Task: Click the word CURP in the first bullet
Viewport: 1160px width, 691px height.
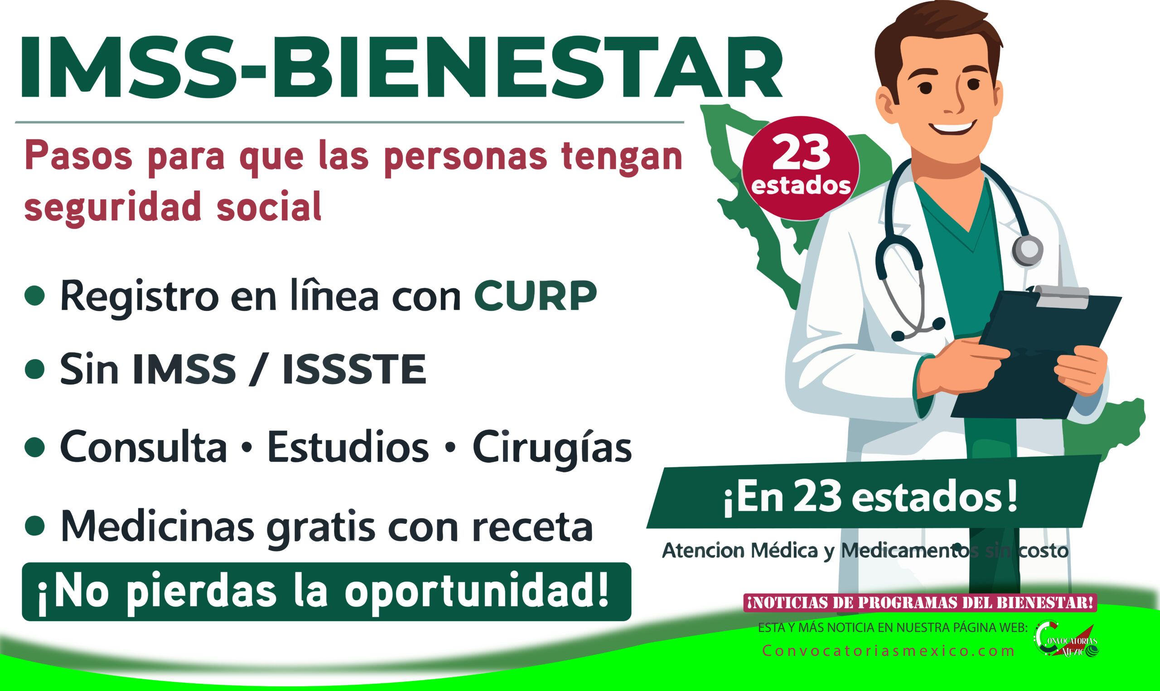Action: pyautogui.click(x=535, y=296)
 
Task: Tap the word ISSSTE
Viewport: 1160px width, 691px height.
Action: pyautogui.click(x=354, y=369)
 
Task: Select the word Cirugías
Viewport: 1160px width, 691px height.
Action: pyautogui.click(x=552, y=448)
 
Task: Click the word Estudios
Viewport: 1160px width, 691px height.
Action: pyautogui.click(x=348, y=447)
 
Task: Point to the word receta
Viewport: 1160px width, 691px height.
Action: pyautogui.click(x=532, y=528)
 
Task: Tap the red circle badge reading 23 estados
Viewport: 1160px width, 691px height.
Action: pyautogui.click(x=800, y=168)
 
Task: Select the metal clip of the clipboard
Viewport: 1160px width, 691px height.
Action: pyautogui.click(x=1062, y=297)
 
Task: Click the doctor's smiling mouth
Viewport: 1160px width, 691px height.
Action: pyautogui.click(x=952, y=127)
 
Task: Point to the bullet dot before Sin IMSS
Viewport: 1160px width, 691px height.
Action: pyautogui.click(x=34, y=369)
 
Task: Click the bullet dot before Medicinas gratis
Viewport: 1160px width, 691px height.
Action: pyautogui.click(x=34, y=526)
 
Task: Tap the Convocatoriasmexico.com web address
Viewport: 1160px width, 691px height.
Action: pyautogui.click(x=888, y=651)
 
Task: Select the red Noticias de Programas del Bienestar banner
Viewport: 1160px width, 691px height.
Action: pyautogui.click(x=920, y=603)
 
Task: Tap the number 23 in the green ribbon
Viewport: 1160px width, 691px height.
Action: pyautogui.click(x=817, y=496)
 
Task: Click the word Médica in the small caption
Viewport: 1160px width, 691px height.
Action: pyautogui.click(x=784, y=551)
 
